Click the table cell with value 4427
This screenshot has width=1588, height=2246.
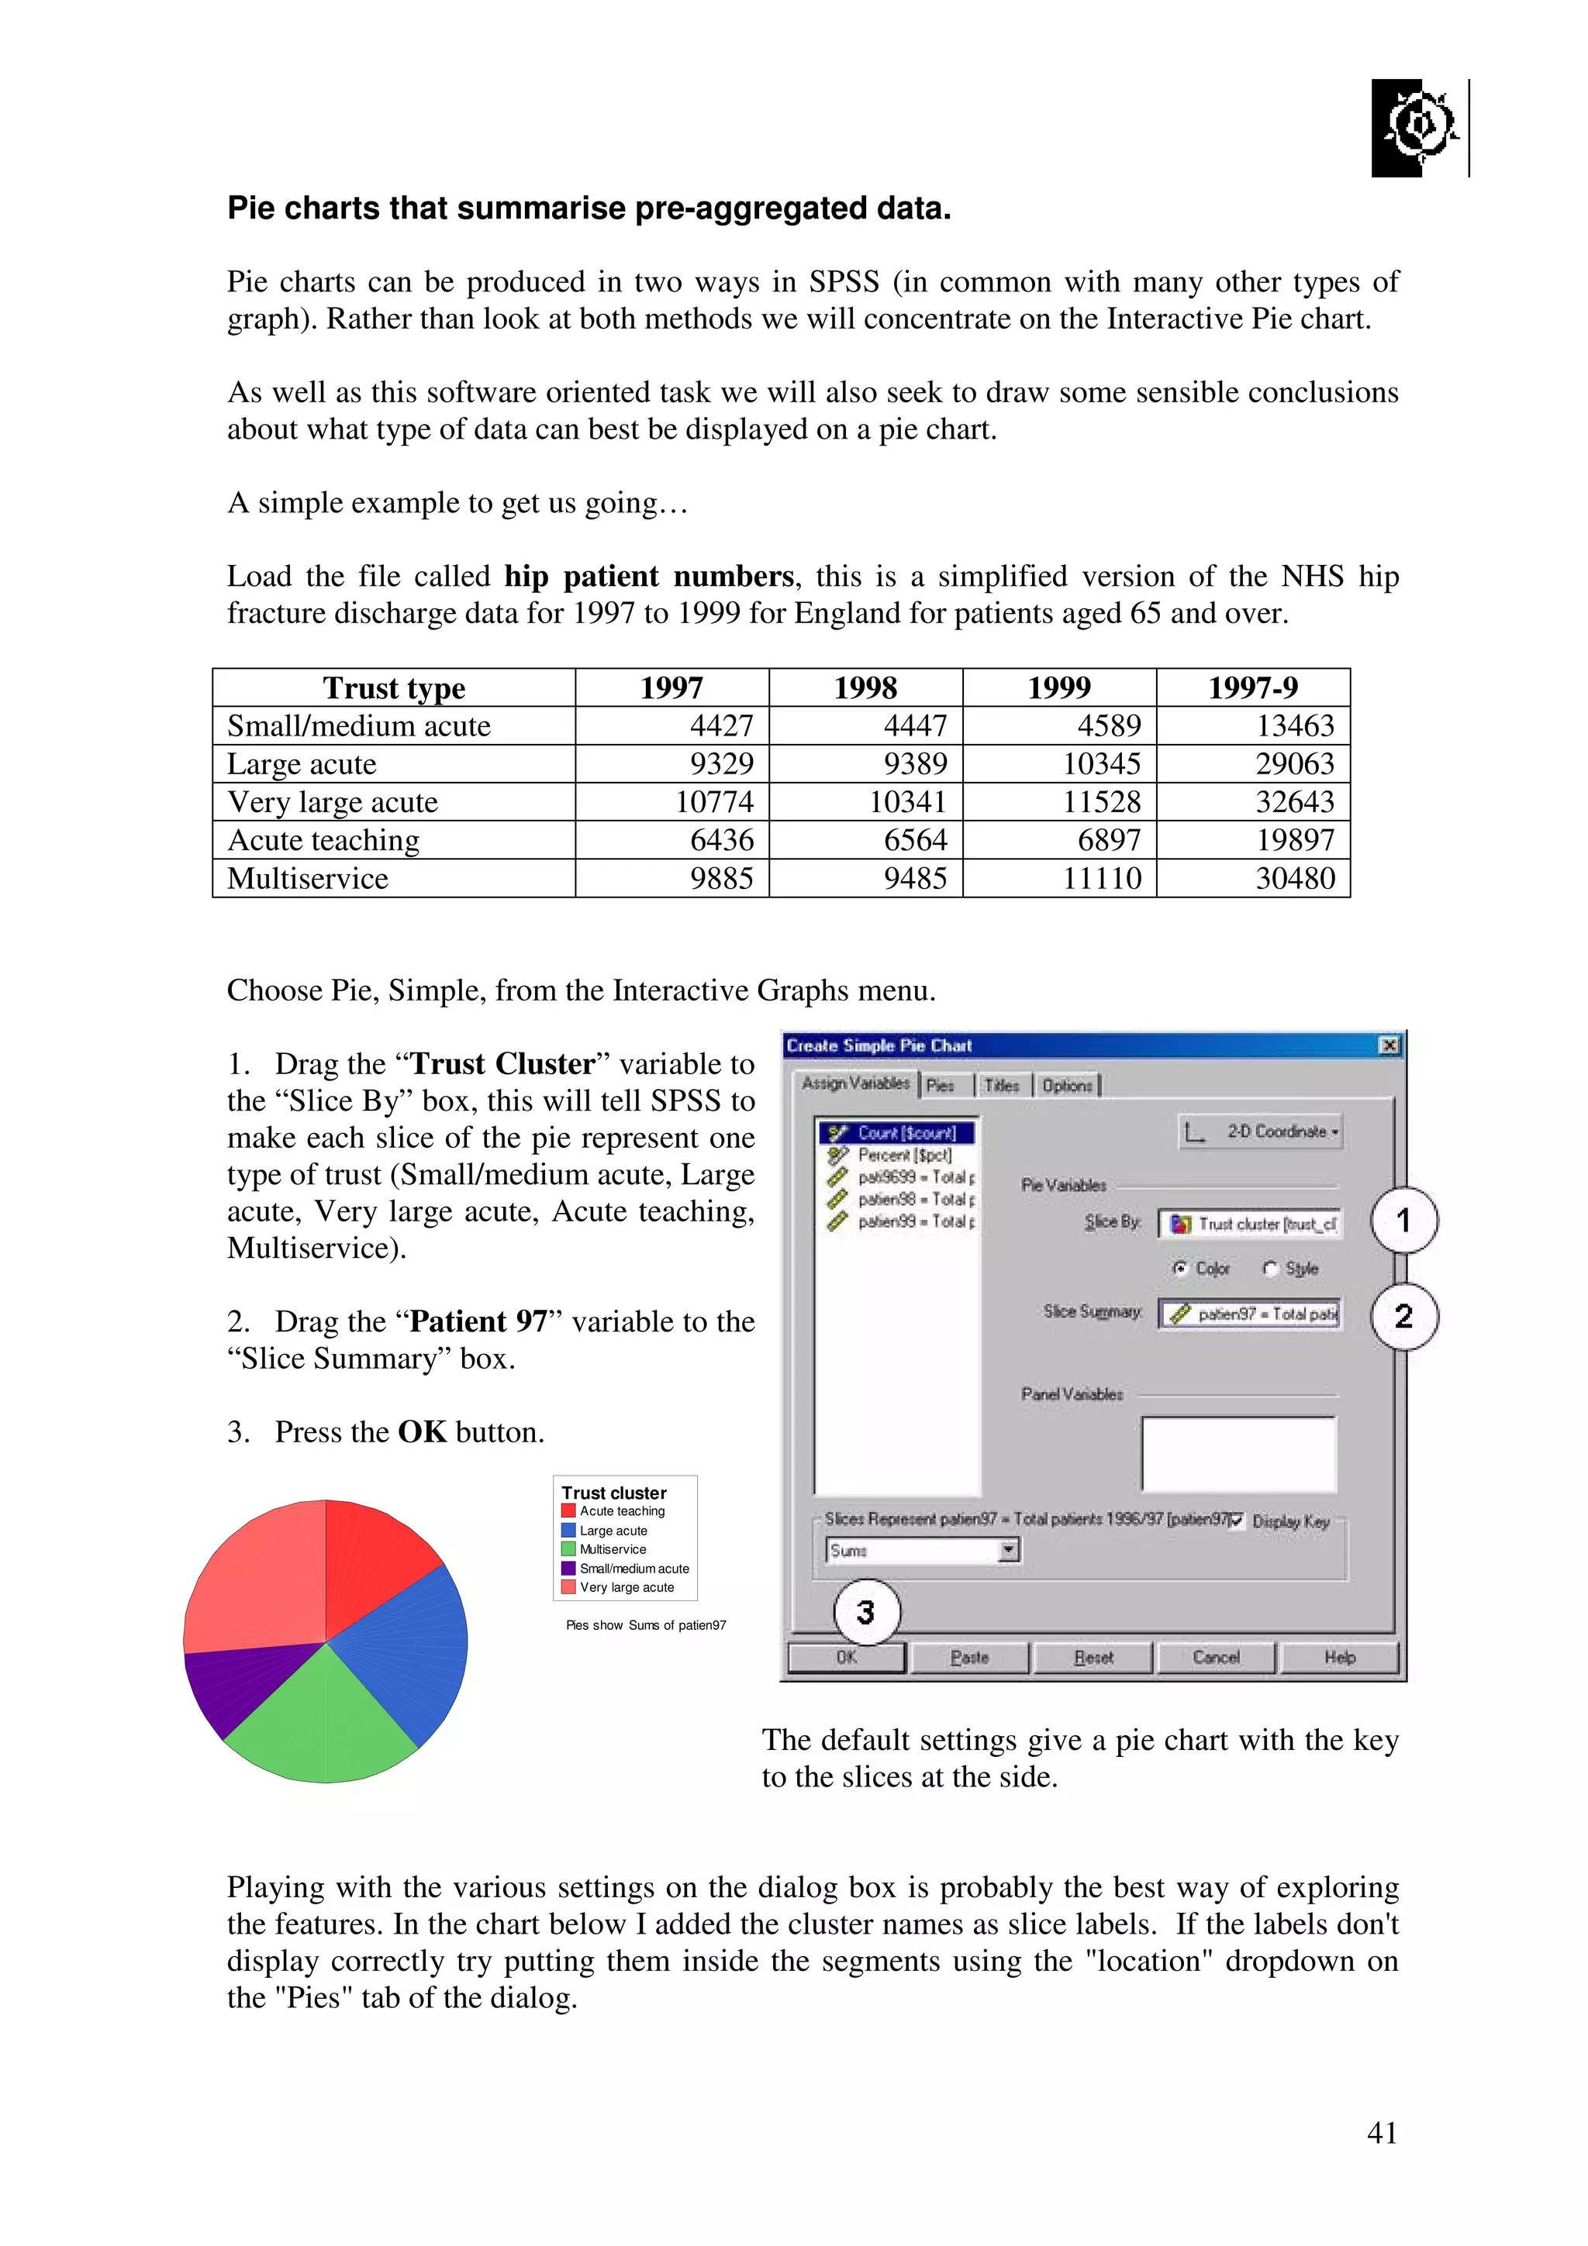[721, 726]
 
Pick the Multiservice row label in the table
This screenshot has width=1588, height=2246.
[308, 878]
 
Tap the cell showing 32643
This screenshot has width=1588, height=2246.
[1294, 802]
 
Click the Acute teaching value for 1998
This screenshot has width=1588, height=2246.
[915, 840]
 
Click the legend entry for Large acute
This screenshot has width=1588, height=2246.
[613, 1531]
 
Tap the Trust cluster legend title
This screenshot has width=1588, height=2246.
[613, 1493]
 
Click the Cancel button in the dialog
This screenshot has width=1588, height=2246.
[1215, 1657]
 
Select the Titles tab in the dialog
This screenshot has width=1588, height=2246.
[1001, 1085]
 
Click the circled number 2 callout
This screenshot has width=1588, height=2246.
[1403, 1316]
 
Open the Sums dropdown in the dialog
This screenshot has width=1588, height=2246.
[1008, 1551]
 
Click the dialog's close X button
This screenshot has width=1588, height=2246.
[1389, 1045]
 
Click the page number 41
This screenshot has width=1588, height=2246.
[1382, 2133]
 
